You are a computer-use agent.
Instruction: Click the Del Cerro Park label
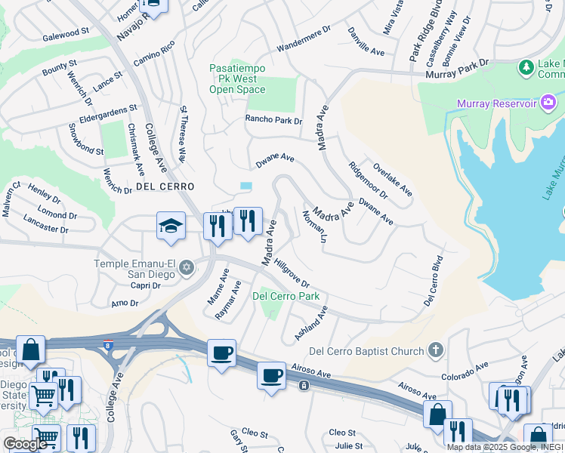click(x=286, y=297)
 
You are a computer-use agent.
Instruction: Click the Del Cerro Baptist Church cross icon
click(x=434, y=350)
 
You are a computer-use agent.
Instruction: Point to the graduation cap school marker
click(x=171, y=226)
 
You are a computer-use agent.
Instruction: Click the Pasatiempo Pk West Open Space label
click(x=237, y=79)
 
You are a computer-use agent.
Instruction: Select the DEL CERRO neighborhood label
click(x=165, y=186)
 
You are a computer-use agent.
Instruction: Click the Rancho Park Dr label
click(x=273, y=120)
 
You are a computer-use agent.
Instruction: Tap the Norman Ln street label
click(x=313, y=226)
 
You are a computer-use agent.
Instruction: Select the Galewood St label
click(x=66, y=35)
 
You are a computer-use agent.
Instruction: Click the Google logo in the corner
click(x=25, y=444)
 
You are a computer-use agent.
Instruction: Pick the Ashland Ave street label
click(x=311, y=322)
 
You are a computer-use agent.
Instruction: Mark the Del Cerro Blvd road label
click(x=432, y=281)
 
